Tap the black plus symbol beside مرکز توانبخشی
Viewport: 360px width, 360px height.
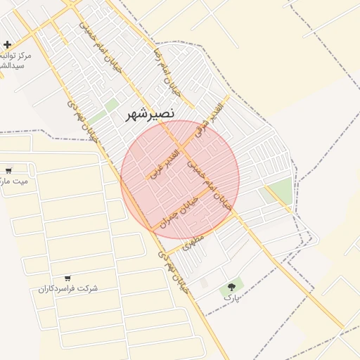coord(7,44)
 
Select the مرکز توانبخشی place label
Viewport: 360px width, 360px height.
coord(15,60)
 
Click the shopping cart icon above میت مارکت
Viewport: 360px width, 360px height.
coord(8,170)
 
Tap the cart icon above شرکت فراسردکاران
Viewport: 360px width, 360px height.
coord(67,278)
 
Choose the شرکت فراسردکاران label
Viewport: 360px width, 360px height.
coord(68,288)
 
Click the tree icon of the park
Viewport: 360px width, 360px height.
coord(231,287)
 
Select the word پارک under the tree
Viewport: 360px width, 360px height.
coord(231,298)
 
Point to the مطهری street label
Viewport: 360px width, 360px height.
coord(192,241)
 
